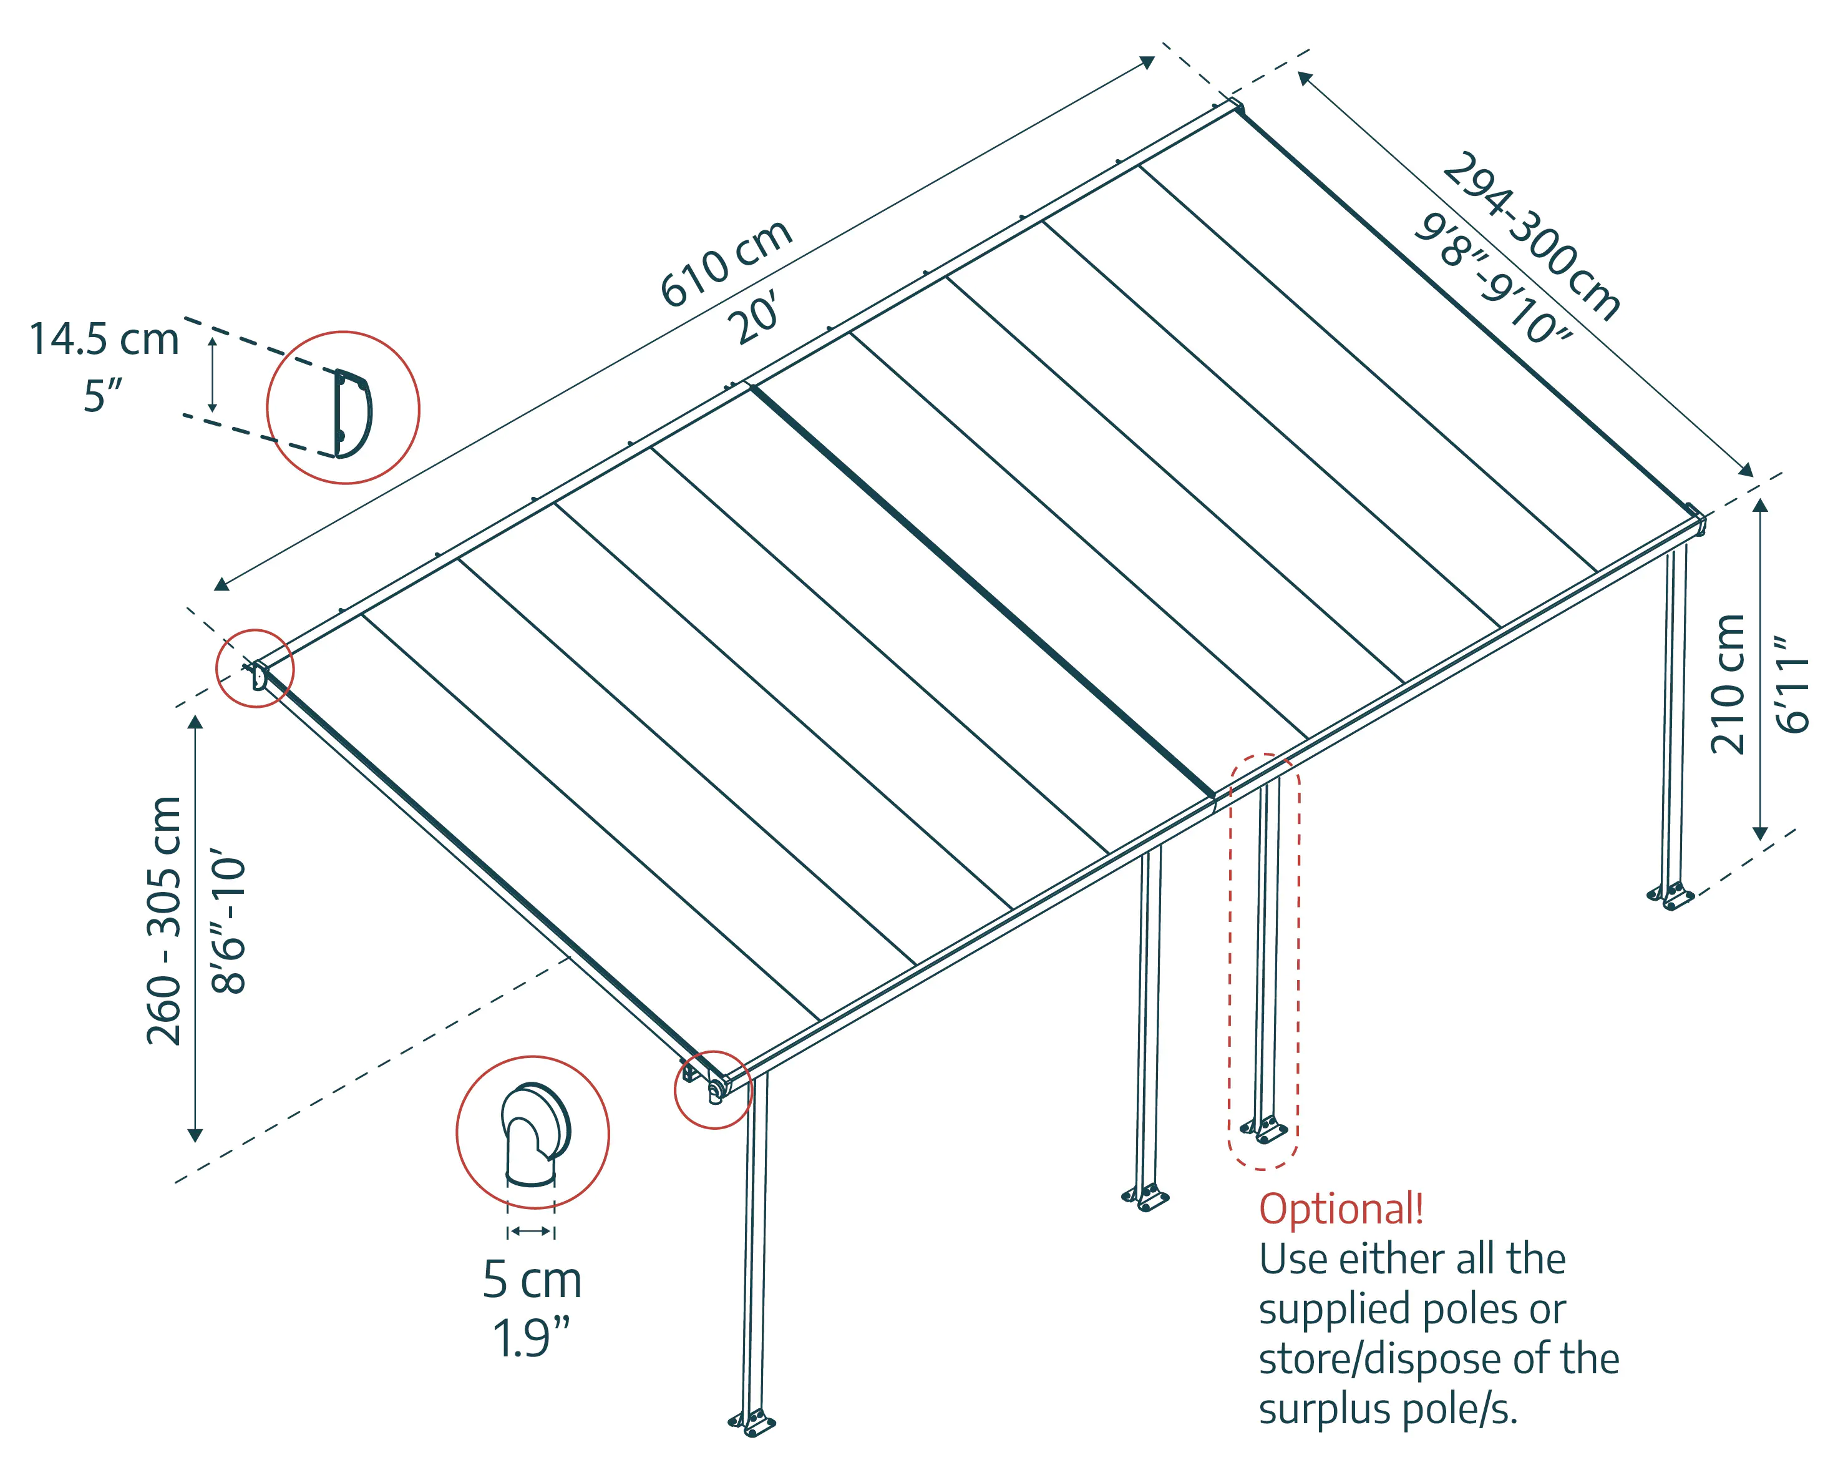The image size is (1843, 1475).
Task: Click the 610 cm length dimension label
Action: tap(727, 263)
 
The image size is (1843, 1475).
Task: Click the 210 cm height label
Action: tap(1728, 684)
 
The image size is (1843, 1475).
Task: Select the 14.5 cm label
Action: tap(104, 340)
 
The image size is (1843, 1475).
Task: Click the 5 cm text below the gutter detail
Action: tap(532, 1280)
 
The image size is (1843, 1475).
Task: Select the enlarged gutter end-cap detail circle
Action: tap(533, 1132)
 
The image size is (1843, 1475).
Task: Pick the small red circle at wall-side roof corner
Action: tap(255, 668)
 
